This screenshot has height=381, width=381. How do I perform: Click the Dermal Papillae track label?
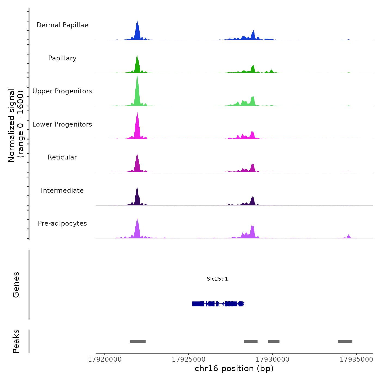click(x=62, y=25)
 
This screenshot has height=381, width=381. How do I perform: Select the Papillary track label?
click(x=62, y=58)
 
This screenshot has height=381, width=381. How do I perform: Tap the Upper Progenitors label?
click(x=62, y=91)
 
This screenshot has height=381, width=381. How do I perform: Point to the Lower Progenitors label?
click(x=62, y=124)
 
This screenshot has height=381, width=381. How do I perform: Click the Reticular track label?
click(x=62, y=157)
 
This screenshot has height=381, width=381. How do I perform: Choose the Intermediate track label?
click(x=62, y=190)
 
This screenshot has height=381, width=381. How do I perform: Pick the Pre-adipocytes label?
click(x=62, y=223)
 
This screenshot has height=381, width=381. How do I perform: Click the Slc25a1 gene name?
click(x=217, y=279)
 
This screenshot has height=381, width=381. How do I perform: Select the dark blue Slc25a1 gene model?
click(x=218, y=304)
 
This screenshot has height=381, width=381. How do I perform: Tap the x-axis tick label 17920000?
click(x=105, y=360)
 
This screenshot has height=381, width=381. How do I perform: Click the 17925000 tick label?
click(x=189, y=360)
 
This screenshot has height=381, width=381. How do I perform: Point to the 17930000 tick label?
click(x=272, y=360)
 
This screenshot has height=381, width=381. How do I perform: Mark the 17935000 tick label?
click(x=356, y=360)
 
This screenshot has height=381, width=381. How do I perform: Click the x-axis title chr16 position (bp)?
click(x=234, y=368)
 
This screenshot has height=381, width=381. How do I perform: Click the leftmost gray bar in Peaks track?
click(x=138, y=342)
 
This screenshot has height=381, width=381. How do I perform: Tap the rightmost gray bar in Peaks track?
click(x=345, y=342)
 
